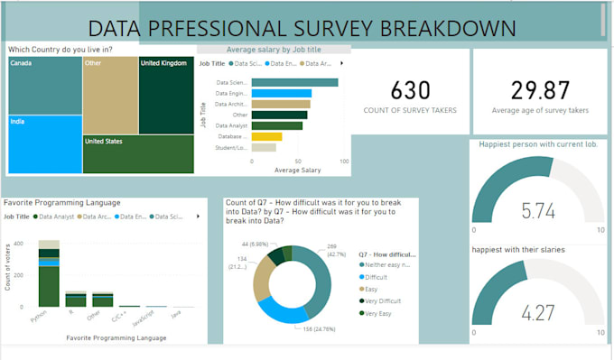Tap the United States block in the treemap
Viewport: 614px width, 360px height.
point(137,153)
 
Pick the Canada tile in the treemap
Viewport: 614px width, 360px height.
point(44,85)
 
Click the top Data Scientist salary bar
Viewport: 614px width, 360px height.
point(294,82)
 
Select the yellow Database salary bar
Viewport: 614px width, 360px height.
point(266,136)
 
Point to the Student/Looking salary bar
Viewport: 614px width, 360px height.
point(264,147)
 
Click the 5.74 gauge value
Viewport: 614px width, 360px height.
point(538,210)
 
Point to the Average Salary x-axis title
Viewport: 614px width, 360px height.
point(297,170)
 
